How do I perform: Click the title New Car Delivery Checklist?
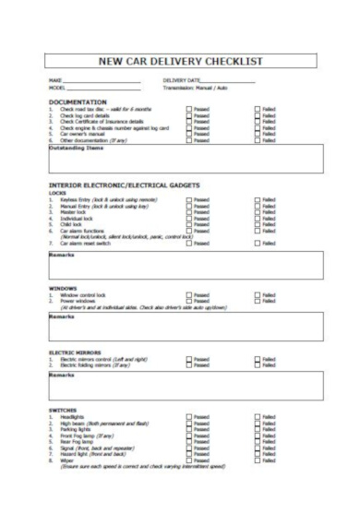pyautogui.click(x=180, y=61)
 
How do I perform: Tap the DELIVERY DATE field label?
pyautogui.click(x=182, y=81)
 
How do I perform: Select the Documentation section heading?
pyautogui.click(x=78, y=101)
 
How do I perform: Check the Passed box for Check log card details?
pyautogui.click(x=189, y=114)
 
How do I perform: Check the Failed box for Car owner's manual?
pyautogui.click(x=258, y=134)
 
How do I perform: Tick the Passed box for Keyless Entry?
pyautogui.click(x=189, y=198)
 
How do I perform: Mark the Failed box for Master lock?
pyautogui.click(x=258, y=211)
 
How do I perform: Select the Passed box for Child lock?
pyautogui.click(x=189, y=224)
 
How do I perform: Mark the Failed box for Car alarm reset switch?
pyautogui.click(x=258, y=243)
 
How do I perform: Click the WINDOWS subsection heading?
pyautogui.click(x=64, y=287)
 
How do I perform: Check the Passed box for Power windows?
pyautogui.click(x=189, y=300)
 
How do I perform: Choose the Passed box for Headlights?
pyautogui.click(x=189, y=417)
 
